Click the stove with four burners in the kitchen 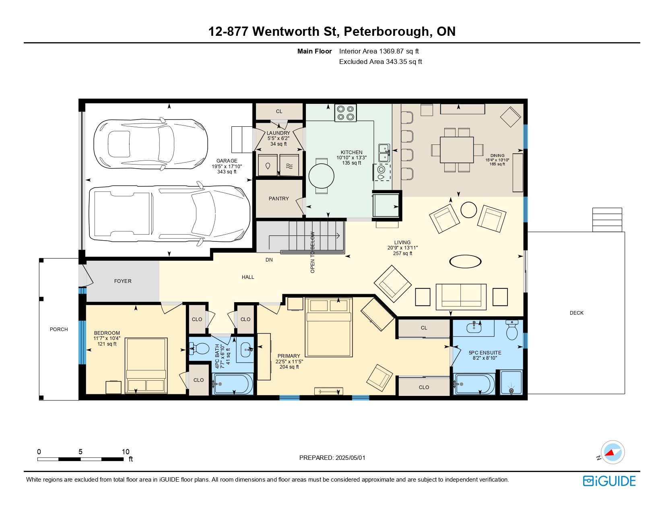(x=345, y=113)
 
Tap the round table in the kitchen (x=321, y=176)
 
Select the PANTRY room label (x=278, y=199)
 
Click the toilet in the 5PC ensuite (x=512, y=330)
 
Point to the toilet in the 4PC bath (x=199, y=348)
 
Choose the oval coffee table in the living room (x=465, y=262)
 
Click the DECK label (x=576, y=313)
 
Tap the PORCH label (x=59, y=330)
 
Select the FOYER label (x=122, y=281)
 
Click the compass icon (x=612, y=452)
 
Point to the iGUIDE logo (x=609, y=481)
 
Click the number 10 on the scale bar (x=126, y=451)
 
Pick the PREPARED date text (x=332, y=458)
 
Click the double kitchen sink (x=384, y=153)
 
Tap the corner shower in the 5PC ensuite (x=511, y=382)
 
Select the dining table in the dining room (x=456, y=150)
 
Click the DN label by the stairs (x=269, y=260)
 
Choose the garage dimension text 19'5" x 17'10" (x=227, y=167)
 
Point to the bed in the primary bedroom (x=329, y=327)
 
